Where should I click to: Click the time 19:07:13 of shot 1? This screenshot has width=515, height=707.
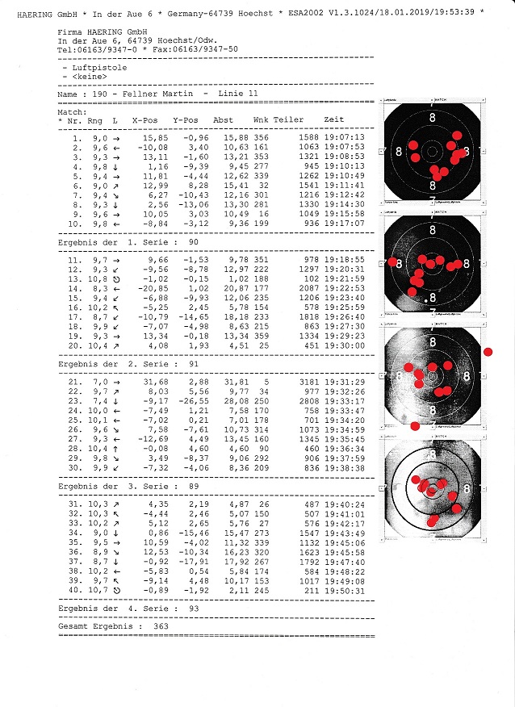[x=345, y=136]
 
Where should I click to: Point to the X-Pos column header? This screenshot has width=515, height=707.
[x=146, y=119]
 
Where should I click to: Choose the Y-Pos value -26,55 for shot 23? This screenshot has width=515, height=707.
[x=191, y=402]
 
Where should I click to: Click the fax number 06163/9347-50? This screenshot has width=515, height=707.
[x=206, y=48]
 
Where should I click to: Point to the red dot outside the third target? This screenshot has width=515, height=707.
[x=488, y=353]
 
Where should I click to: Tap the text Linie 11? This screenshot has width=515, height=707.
[x=238, y=94]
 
